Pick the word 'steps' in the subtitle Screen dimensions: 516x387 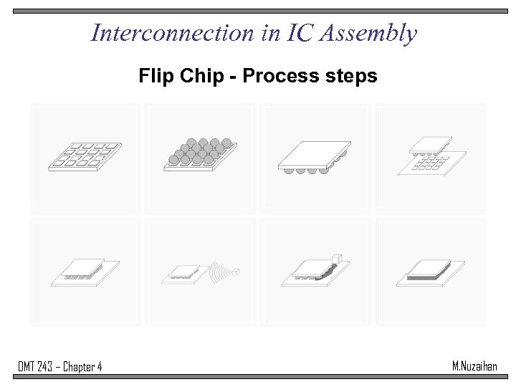[x=350, y=76]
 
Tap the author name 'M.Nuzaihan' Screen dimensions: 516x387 [x=474, y=366]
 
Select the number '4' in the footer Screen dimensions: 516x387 [x=99, y=367]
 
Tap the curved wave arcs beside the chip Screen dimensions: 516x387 [x=221, y=272]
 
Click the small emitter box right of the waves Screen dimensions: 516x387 [x=236, y=272]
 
